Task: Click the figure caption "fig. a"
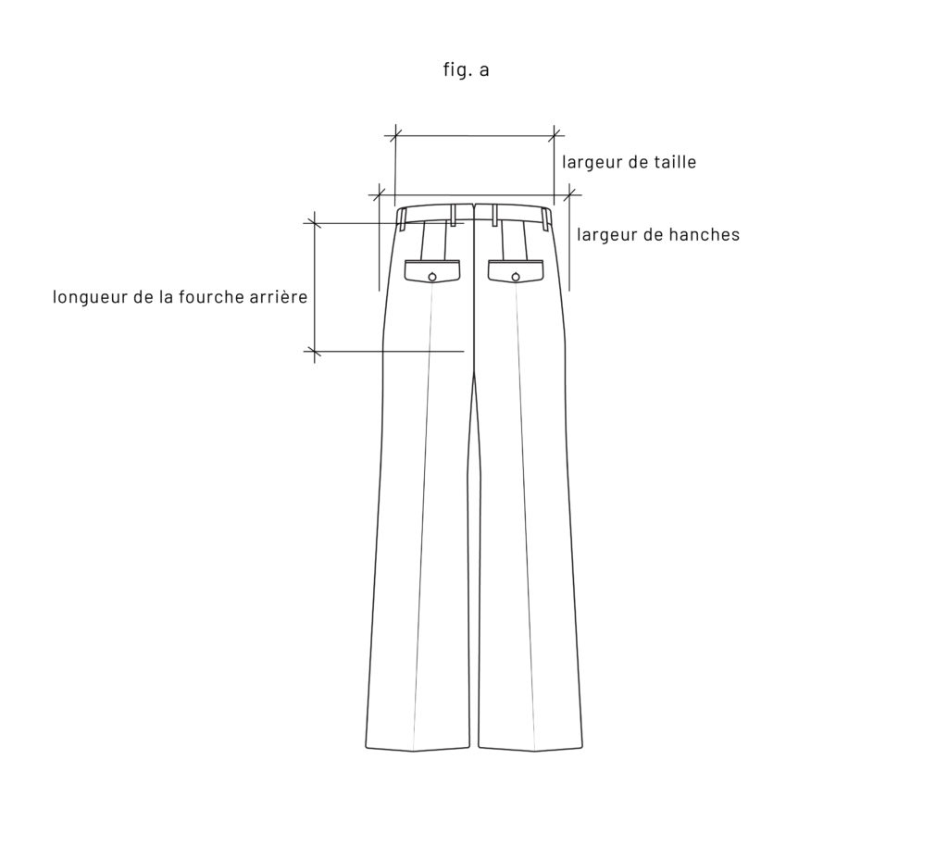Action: click(466, 70)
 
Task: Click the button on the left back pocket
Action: click(432, 276)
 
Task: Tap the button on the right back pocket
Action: click(517, 276)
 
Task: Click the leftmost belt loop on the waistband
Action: click(403, 218)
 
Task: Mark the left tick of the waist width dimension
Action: click(395, 136)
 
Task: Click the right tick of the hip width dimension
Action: click(570, 195)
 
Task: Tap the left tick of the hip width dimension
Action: click(379, 195)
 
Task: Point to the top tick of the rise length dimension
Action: click(315, 223)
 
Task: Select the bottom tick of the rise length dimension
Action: click(315, 352)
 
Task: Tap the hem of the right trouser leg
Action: click(534, 749)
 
